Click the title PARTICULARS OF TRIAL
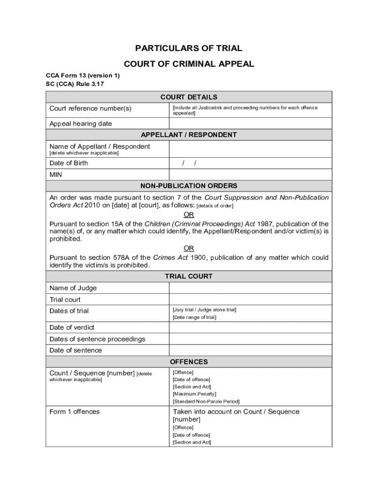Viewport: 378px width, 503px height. tap(189, 48)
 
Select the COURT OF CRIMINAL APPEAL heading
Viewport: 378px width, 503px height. tap(189, 64)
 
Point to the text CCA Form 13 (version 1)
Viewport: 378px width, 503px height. tap(82, 76)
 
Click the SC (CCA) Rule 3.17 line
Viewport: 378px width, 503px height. tap(75, 84)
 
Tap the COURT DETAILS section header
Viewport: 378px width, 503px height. tap(189, 97)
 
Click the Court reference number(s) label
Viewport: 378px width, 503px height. tap(90, 108)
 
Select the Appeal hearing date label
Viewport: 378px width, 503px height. tap(81, 124)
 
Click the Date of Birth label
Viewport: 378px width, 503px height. tap(69, 163)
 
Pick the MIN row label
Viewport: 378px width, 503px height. tap(55, 174)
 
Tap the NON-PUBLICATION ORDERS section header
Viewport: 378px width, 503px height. tap(189, 186)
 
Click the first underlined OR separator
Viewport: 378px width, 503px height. tap(189, 215)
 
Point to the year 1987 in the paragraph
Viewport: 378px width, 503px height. tap(267, 224)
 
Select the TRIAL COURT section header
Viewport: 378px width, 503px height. tap(189, 277)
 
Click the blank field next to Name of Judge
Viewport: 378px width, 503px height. tap(250, 288)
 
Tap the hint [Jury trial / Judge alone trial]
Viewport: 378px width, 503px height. tap(204, 309)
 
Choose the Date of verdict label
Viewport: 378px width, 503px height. tap(72, 327)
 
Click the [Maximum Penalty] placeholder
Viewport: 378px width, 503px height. tap(194, 394)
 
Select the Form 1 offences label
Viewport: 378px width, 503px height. tap(74, 412)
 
